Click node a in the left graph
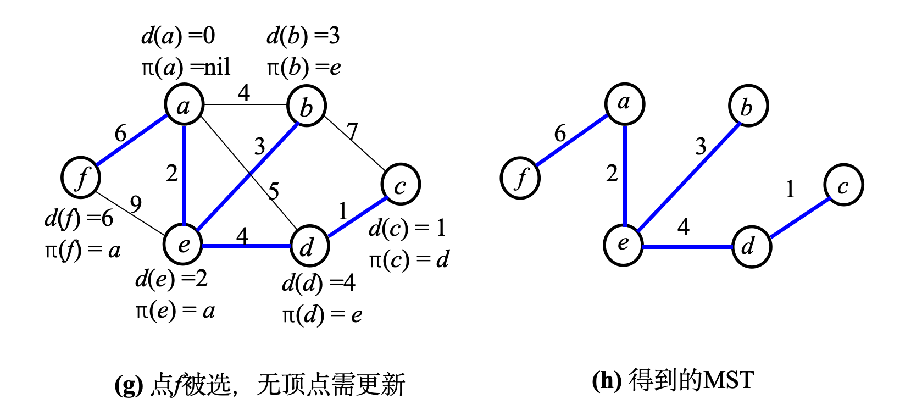click(x=184, y=105)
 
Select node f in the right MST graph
click(x=520, y=178)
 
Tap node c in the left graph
click(x=401, y=185)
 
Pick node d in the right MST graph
click(x=751, y=247)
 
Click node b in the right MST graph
click(x=748, y=106)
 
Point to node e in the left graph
click(x=184, y=243)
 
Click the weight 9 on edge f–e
click(x=136, y=204)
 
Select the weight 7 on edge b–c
click(x=352, y=131)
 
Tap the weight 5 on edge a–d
click(x=274, y=191)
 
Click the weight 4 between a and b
click(x=244, y=92)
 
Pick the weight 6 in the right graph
click(x=560, y=134)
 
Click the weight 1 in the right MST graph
click(x=790, y=190)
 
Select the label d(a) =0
click(x=178, y=36)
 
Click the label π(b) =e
click(x=304, y=68)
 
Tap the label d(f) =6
click(x=79, y=219)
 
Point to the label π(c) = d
click(x=409, y=259)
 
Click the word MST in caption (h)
click(x=729, y=380)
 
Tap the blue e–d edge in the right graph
click(x=687, y=247)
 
